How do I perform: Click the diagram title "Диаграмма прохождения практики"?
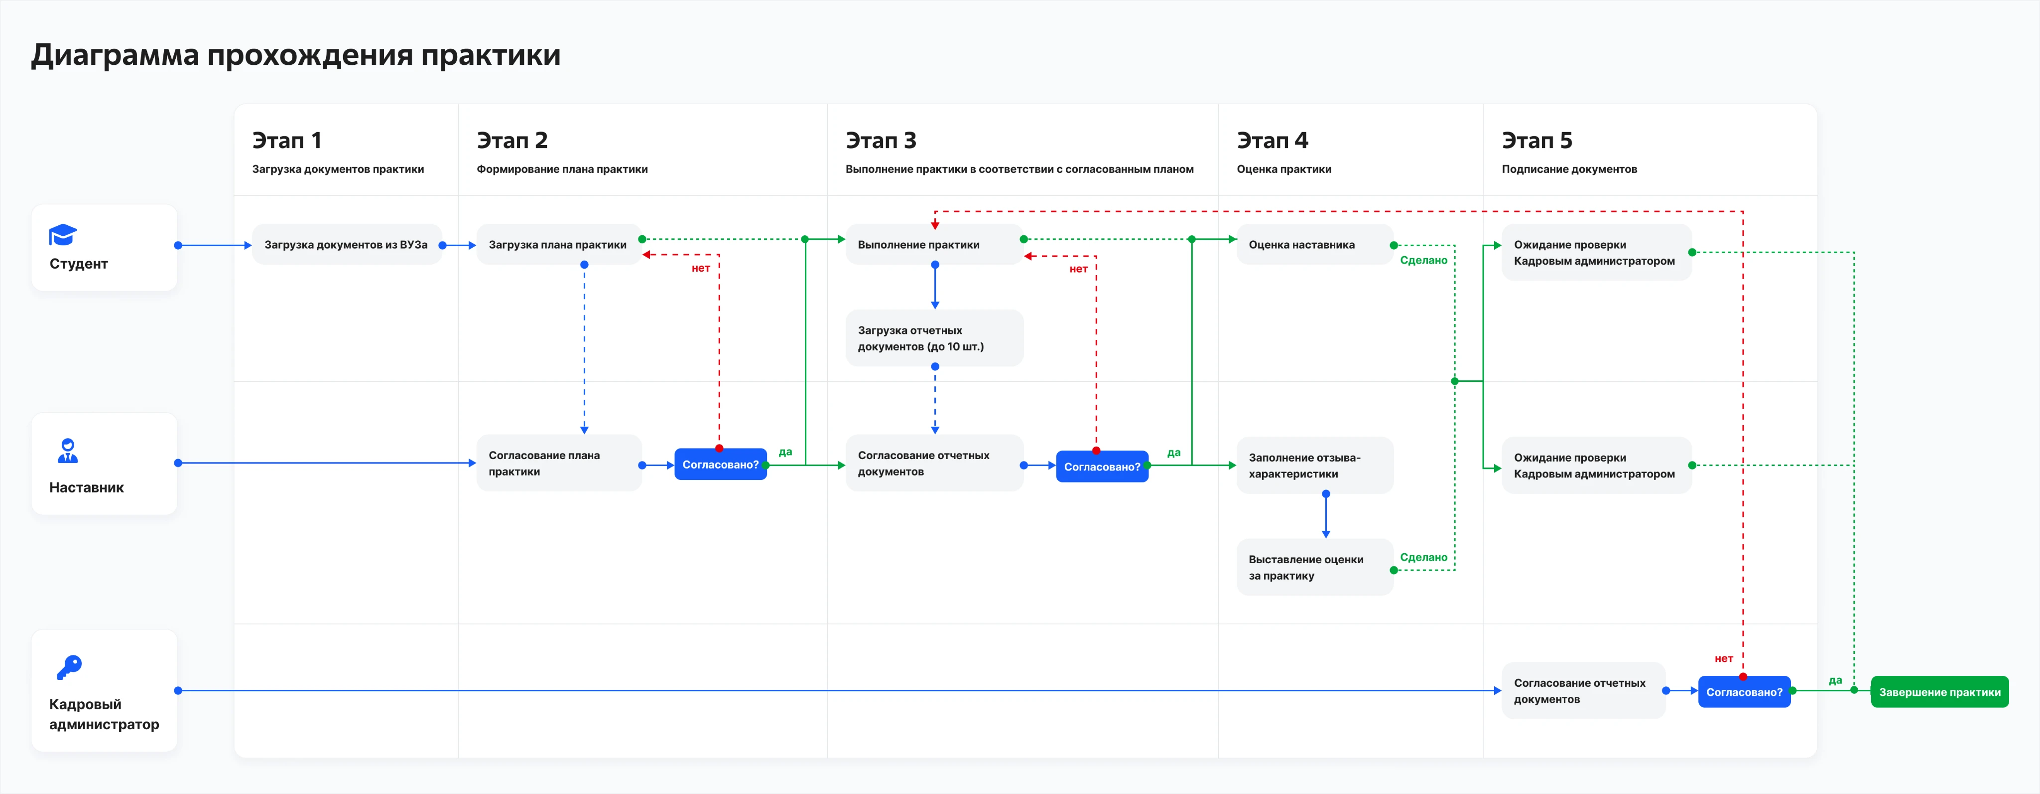click(295, 55)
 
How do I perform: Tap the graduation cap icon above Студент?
click(63, 235)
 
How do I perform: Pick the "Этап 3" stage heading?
click(881, 140)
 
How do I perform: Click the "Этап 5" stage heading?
click(1537, 140)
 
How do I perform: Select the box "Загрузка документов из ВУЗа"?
click(347, 245)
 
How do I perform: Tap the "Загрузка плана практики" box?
click(558, 245)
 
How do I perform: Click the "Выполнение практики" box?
click(934, 245)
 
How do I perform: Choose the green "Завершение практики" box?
click(1939, 692)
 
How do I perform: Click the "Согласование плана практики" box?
click(558, 463)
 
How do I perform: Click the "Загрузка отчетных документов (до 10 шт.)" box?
click(934, 338)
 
